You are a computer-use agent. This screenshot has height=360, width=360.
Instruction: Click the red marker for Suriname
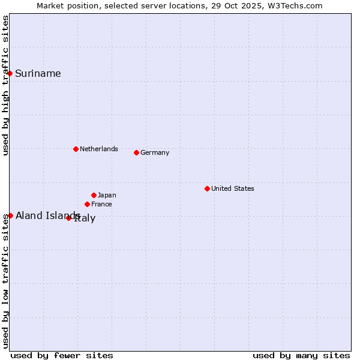click(x=10, y=73)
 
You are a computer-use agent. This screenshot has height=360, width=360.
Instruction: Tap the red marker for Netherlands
click(x=76, y=149)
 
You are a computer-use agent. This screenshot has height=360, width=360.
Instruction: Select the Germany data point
click(x=136, y=152)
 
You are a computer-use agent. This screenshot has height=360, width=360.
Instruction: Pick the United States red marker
click(x=207, y=188)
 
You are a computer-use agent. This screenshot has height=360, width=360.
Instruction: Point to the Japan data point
click(x=94, y=195)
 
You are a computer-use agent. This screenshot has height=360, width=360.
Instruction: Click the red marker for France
click(x=87, y=204)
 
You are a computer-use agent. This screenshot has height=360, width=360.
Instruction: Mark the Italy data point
click(x=68, y=218)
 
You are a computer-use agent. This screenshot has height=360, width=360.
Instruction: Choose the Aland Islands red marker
click(x=10, y=215)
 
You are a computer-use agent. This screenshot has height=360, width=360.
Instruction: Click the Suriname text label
click(x=38, y=74)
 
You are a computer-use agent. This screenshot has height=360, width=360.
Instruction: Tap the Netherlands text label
click(x=99, y=149)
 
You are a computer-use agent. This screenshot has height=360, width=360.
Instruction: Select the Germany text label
click(x=155, y=152)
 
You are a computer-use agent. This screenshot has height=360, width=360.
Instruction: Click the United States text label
click(x=233, y=188)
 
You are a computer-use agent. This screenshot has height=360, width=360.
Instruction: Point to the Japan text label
click(x=107, y=195)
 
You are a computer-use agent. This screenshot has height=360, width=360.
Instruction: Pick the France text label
click(x=101, y=204)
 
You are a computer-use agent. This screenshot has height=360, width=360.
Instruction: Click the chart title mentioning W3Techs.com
click(x=179, y=6)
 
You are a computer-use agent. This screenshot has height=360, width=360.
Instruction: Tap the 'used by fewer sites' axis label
click(x=62, y=355)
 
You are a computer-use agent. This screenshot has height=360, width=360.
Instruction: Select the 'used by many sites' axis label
click(x=301, y=355)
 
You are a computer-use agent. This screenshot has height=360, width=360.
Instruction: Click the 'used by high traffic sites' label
click(x=6, y=85)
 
